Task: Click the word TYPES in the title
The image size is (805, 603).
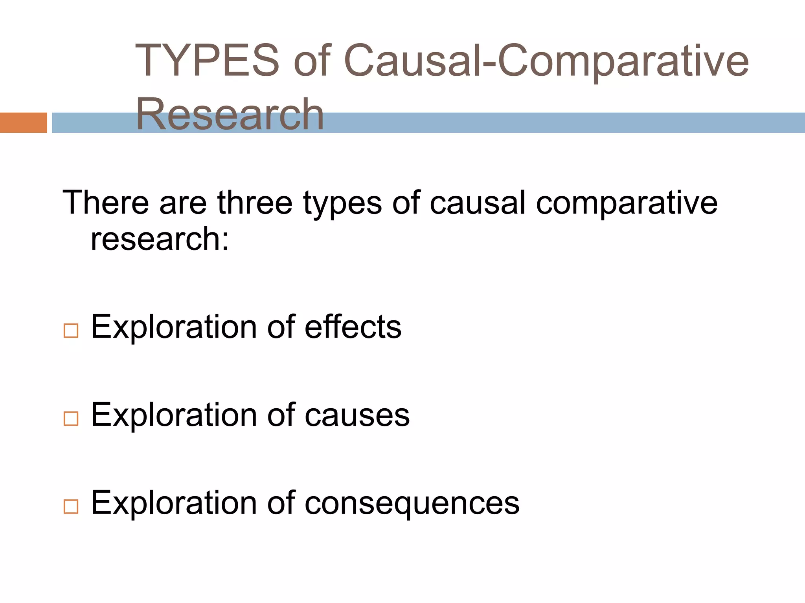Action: (x=207, y=61)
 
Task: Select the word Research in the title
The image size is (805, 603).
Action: (x=230, y=114)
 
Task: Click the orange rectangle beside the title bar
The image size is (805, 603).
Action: (x=23, y=122)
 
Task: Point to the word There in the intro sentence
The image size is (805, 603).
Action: (x=105, y=203)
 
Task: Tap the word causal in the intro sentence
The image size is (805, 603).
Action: (x=478, y=203)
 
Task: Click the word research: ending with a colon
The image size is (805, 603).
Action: (x=160, y=239)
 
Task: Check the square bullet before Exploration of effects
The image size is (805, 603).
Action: (x=71, y=331)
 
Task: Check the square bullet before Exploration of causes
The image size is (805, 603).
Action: (x=71, y=419)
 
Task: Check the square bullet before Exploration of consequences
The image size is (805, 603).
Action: (x=71, y=507)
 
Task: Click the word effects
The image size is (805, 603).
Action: (x=353, y=327)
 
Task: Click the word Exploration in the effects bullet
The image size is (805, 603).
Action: (x=174, y=327)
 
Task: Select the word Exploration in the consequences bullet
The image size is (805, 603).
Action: (x=174, y=503)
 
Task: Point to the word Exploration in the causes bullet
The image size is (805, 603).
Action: (x=174, y=415)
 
